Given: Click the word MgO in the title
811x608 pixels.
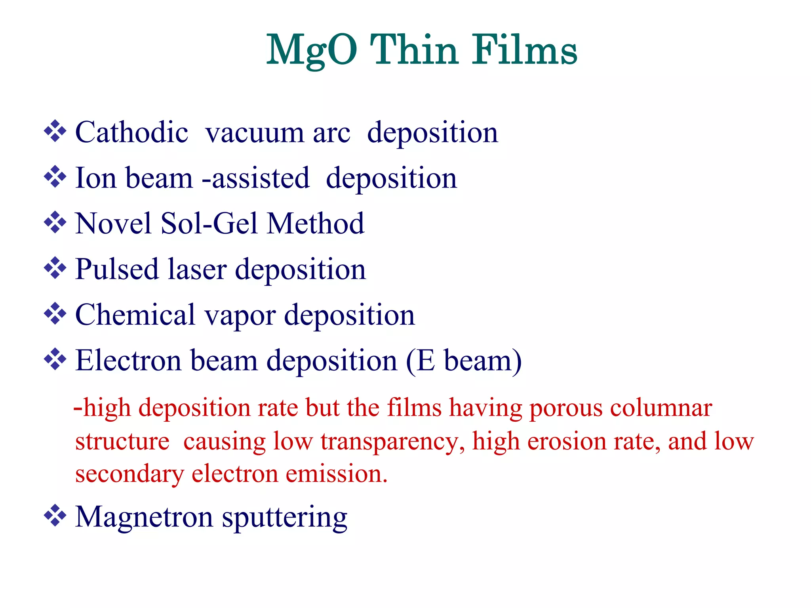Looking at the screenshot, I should pos(312,51).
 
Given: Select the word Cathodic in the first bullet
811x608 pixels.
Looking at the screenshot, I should pos(131,132).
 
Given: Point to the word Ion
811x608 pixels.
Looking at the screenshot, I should pos(96,178).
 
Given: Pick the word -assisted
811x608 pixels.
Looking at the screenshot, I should pos(255,178).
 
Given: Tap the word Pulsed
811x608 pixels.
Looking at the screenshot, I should pos(117,270).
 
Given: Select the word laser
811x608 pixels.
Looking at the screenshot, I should pos(197,270).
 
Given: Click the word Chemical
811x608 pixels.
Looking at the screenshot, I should pos(135,315).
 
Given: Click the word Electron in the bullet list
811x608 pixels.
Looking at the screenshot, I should pos(128,361).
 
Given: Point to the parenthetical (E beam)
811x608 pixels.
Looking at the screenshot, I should pos(464,361).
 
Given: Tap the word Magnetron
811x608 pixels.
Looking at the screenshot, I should pos(144,517).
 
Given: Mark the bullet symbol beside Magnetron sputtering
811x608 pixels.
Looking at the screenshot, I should pos(55,516).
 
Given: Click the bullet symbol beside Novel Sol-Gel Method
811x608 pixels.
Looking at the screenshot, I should pos(55,222).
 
